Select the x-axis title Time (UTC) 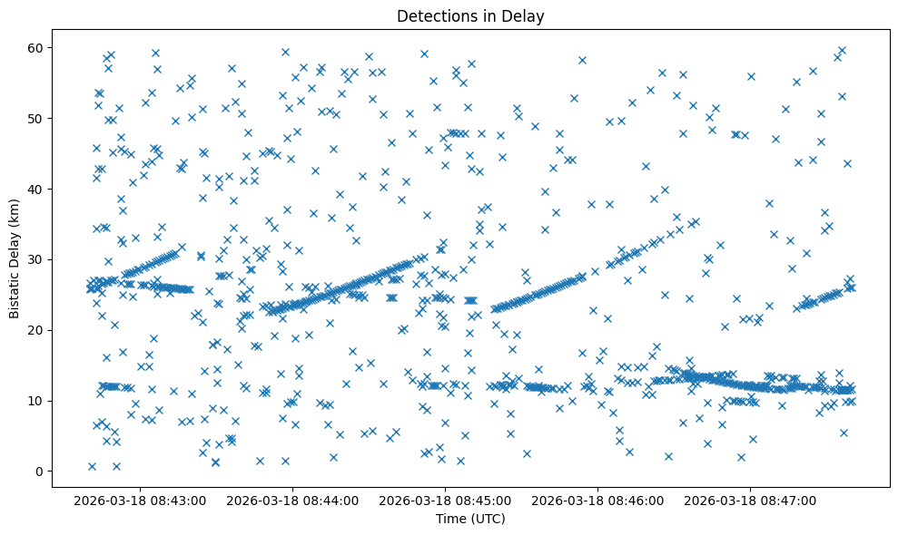tap(470, 519)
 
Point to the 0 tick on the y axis tap(41, 472)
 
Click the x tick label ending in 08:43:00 tap(141, 500)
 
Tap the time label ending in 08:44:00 tap(293, 500)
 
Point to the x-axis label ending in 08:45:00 tap(446, 500)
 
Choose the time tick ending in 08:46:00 tap(598, 500)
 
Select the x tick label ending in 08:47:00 tap(751, 500)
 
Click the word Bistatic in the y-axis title tap(15, 290)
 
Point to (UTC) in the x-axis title tap(488, 519)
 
